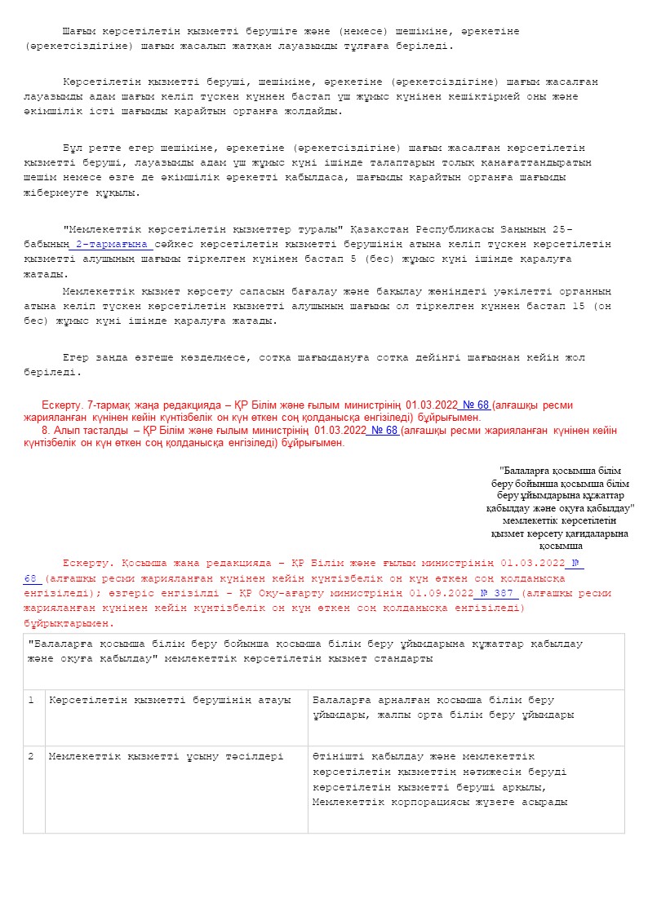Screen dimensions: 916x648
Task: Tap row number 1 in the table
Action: pos(31,700)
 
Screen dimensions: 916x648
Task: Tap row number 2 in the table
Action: pos(31,756)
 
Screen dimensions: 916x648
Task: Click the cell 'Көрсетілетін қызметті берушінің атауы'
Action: pos(169,700)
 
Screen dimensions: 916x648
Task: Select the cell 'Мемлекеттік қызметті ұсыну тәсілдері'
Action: pos(166,756)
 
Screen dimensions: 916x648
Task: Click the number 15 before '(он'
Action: pos(582,306)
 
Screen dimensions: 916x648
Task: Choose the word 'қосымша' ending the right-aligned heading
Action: pos(561,546)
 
